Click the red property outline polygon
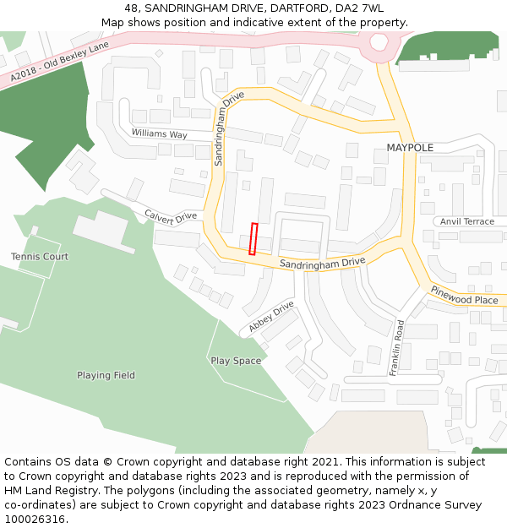[x=253, y=238]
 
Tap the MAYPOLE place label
[x=410, y=148]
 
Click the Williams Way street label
[x=159, y=134]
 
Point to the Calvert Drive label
[x=170, y=216]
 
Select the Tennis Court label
[x=40, y=256]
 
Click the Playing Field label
[x=106, y=375]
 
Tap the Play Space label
[x=236, y=361]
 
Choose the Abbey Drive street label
[x=271, y=317]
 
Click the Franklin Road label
[x=397, y=348]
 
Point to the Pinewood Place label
[x=464, y=295]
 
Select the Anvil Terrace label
[x=467, y=221]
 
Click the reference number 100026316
[x=36, y=519]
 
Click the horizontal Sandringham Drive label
[x=322, y=264]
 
